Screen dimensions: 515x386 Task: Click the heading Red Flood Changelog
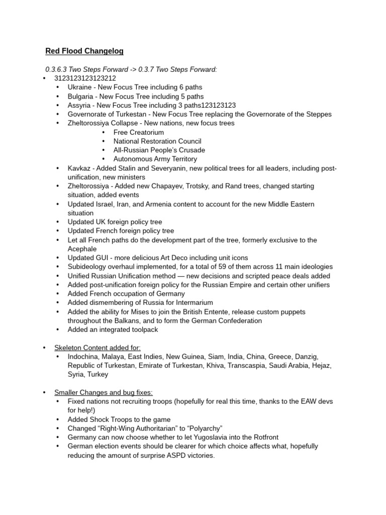coord(84,51)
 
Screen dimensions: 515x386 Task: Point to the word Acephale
coord(83,248)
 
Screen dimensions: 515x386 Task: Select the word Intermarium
coord(192,303)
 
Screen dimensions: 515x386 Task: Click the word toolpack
coord(144,329)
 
